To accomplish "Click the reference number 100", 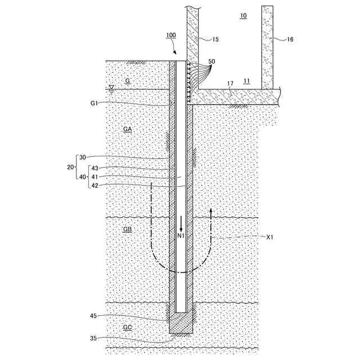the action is (171, 35).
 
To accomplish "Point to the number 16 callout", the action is (290, 39).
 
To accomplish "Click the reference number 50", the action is (211, 61).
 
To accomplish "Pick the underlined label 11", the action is (247, 81).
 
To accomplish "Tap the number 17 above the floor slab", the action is (229, 84).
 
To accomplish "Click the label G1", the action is (94, 103).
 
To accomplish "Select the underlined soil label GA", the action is (127, 129).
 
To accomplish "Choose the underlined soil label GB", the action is (127, 230).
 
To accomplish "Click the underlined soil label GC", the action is (127, 327).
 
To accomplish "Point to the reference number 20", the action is (70, 167).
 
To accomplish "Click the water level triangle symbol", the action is (111, 87).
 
